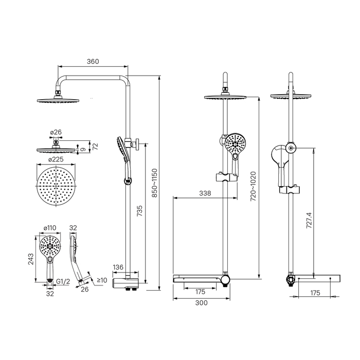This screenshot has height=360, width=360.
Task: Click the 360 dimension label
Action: pos(93,62)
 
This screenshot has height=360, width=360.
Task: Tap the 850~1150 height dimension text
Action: pos(155,183)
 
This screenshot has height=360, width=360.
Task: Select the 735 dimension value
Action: pos(139,211)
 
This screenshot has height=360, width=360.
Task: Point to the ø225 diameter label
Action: pos(56,159)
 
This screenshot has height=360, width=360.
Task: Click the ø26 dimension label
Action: pos(56,132)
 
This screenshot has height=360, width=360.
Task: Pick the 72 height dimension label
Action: pos(95,146)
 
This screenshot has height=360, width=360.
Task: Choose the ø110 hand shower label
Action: pos(50,228)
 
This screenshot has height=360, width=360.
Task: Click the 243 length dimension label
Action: pos(31,259)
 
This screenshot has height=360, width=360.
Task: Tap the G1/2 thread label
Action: pos(63,281)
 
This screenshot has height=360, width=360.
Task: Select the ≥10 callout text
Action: pos(102,280)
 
